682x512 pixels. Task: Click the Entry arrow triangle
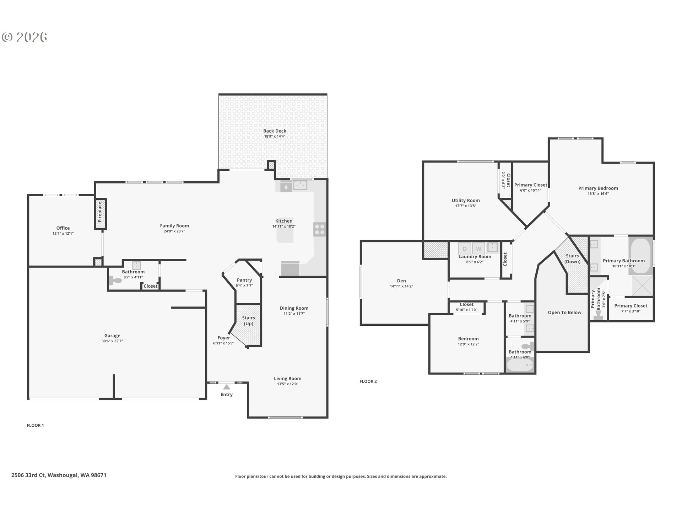(x=227, y=387)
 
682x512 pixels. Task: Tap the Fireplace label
(x=100, y=212)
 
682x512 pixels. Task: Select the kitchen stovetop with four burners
(x=320, y=229)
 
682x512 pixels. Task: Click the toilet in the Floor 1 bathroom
(x=115, y=281)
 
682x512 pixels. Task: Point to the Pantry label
(x=244, y=280)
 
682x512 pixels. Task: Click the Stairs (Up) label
(x=249, y=321)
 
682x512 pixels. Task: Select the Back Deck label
(x=275, y=131)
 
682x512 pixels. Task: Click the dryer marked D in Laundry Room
(x=465, y=249)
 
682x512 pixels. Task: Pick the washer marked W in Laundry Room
(x=478, y=249)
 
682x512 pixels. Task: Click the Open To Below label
(x=564, y=313)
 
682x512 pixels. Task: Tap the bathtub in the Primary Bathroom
(x=641, y=256)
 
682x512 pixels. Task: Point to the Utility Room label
(x=466, y=201)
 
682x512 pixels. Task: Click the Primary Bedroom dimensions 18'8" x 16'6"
(x=598, y=194)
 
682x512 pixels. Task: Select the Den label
(x=401, y=281)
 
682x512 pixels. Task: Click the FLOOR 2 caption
(x=368, y=382)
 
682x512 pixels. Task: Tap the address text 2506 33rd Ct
(x=28, y=475)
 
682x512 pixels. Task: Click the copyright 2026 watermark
(x=25, y=37)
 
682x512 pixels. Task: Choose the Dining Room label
(x=294, y=308)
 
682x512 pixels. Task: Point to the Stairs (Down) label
(x=572, y=259)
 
